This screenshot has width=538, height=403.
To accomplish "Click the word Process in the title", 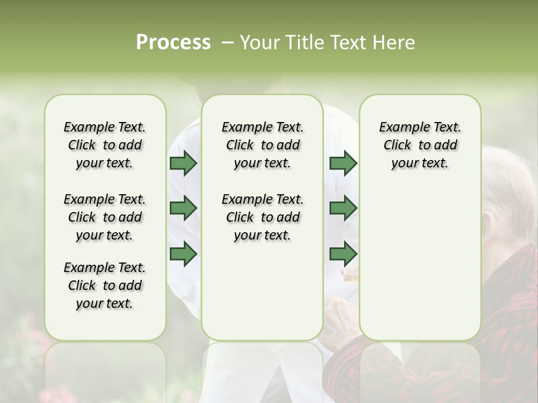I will click(x=173, y=43).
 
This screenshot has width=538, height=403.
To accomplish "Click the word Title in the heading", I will click(x=303, y=43).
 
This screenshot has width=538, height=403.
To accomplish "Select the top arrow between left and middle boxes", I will click(x=183, y=163).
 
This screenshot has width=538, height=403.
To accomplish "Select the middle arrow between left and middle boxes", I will click(x=183, y=208).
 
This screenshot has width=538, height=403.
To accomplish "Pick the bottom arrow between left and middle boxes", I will click(x=183, y=254).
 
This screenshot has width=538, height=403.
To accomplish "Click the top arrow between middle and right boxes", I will click(x=343, y=163).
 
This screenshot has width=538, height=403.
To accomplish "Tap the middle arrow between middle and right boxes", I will click(x=343, y=208).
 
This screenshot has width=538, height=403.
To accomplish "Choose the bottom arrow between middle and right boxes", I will click(x=343, y=254).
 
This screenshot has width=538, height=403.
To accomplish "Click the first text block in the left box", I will click(x=105, y=145).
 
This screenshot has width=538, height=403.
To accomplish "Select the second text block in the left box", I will click(x=105, y=217).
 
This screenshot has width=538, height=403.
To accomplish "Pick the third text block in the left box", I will click(x=105, y=285).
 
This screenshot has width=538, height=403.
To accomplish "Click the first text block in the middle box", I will click(x=262, y=145).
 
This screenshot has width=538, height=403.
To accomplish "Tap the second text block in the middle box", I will click(x=262, y=217).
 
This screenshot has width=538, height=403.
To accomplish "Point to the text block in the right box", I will click(x=420, y=145).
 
